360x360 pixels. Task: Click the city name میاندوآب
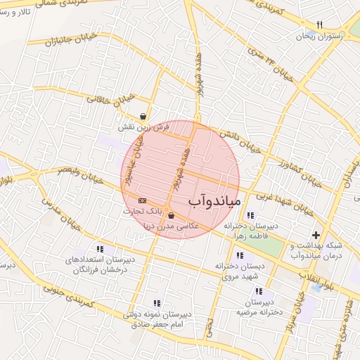point(215,202)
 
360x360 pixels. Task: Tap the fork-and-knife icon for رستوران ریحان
point(319,25)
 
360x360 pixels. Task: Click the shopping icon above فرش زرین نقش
point(143,117)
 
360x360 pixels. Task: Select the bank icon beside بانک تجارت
point(143,201)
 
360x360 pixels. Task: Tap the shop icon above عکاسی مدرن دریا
point(172,216)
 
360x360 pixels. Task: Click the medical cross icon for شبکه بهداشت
point(316,235)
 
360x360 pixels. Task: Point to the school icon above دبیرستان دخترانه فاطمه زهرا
point(251,215)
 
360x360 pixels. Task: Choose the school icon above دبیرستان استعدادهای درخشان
point(100,249)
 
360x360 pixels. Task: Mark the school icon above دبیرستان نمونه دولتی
point(165,302)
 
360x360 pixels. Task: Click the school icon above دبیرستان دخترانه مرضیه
point(259,291)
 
